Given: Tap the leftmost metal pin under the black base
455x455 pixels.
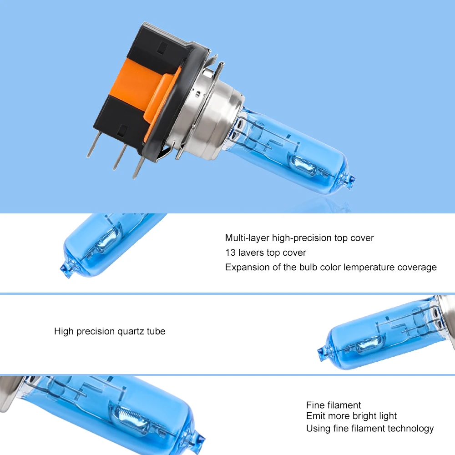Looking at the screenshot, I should tap(92, 147).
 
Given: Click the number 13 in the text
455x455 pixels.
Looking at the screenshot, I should tap(230, 253).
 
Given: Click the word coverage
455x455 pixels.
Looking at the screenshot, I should tap(417, 267).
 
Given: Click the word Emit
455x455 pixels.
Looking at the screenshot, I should tap(315, 416).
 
